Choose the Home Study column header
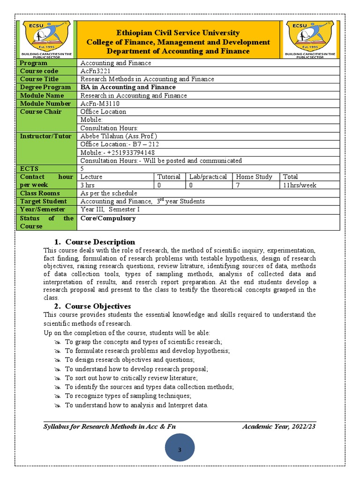(x=254, y=177)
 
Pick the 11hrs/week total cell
(x=300, y=185)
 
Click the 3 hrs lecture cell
(x=89, y=185)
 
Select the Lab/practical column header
(x=208, y=177)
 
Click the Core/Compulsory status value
(x=108, y=218)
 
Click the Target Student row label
(x=39, y=202)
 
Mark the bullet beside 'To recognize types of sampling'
(x=58, y=396)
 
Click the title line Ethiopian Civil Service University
(x=178, y=33)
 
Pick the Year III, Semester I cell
(x=110, y=210)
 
